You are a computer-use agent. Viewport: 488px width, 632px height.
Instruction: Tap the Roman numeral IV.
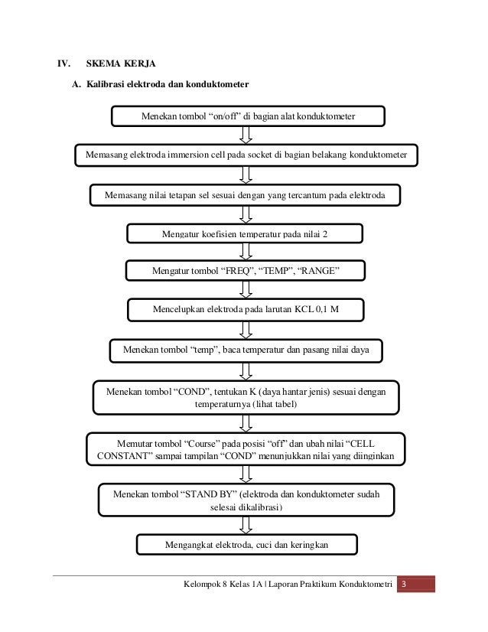click(57, 64)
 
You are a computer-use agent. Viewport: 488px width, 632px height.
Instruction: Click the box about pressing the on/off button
click(248, 116)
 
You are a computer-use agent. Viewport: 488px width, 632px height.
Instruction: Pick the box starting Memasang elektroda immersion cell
click(248, 156)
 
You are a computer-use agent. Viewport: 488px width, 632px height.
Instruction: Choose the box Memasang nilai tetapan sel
click(246, 195)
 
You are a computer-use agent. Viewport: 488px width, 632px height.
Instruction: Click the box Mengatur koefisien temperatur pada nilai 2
click(244, 233)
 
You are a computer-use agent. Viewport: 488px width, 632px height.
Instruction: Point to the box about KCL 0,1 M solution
click(245, 310)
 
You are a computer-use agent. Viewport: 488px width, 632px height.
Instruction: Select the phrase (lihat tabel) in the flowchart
click(269, 403)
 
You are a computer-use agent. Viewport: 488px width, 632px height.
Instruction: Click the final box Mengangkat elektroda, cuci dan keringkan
click(246, 545)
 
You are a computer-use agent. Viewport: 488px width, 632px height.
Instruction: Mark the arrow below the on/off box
click(246, 135)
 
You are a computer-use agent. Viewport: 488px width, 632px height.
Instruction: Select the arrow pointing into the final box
click(246, 525)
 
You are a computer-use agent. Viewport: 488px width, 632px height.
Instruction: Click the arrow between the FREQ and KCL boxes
click(246, 290)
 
